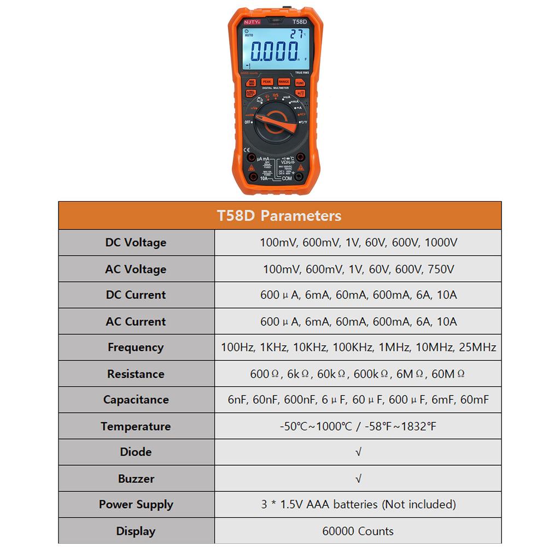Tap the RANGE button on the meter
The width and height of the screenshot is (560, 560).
pyautogui.click(x=283, y=82)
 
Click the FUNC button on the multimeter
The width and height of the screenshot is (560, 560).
pyautogui.click(x=300, y=83)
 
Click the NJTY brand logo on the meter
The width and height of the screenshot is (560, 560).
pyautogui.click(x=253, y=22)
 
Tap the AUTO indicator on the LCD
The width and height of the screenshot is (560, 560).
pyautogui.click(x=249, y=34)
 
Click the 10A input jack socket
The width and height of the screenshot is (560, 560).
pyautogui.click(x=253, y=178)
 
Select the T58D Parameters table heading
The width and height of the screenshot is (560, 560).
pyautogui.click(x=279, y=215)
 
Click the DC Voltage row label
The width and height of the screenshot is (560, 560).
pyautogui.click(x=136, y=242)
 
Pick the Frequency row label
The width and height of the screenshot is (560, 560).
pyautogui.click(x=136, y=347)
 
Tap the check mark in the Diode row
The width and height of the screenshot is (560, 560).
pyautogui.click(x=358, y=452)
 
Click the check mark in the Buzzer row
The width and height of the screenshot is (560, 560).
pyautogui.click(x=358, y=479)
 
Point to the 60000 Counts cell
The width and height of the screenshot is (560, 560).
pyautogui.click(x=358, y=531)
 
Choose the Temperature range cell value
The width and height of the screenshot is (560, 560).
pyautogui.click(x=358, y=426)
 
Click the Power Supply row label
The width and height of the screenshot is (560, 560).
pyautogui.click(x=136, y=505)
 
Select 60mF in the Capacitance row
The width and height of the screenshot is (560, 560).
pyautogui.click(x=474, y=400)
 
